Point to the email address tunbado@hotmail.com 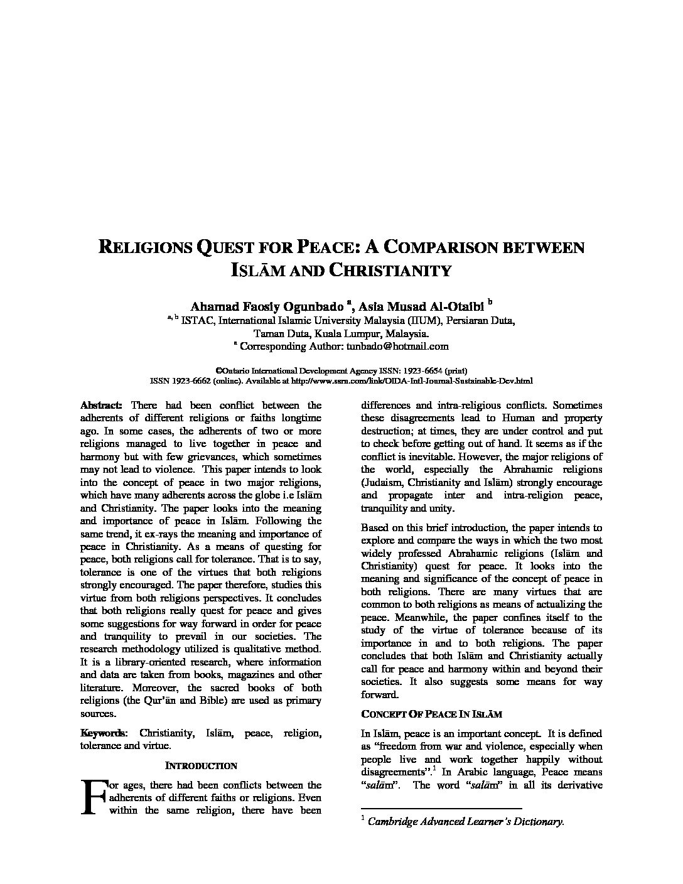397,346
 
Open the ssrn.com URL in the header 412,381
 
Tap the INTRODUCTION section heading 201,766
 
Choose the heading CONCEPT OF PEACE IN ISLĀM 431,714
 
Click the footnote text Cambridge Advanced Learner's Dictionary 466,821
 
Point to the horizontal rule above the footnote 441,809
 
